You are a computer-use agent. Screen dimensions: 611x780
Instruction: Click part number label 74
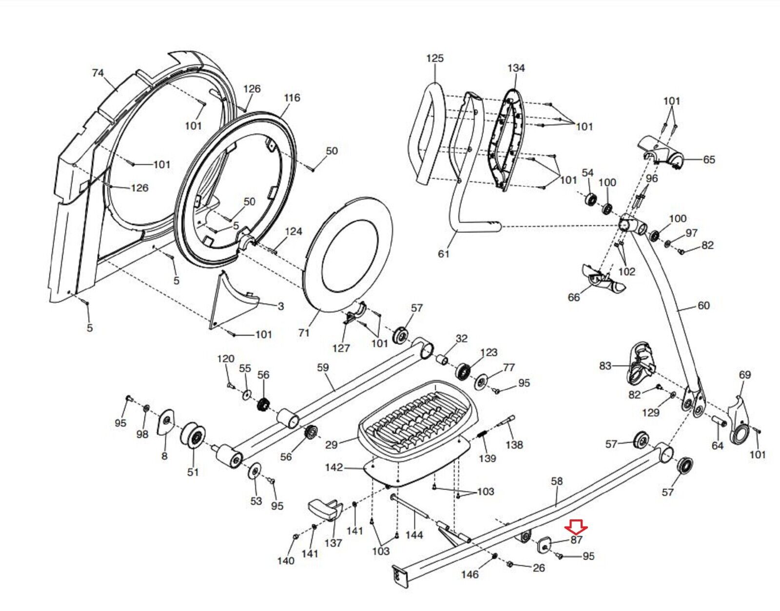98,73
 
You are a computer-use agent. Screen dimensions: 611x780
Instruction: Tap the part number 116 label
292,98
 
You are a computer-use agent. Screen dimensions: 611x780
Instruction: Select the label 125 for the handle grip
435,58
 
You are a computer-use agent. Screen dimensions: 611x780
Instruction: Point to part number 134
516,68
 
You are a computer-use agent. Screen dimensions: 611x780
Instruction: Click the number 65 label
709,160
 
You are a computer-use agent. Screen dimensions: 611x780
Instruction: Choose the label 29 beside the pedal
331,444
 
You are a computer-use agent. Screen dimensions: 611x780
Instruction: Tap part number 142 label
334,468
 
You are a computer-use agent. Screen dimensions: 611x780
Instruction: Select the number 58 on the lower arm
557,481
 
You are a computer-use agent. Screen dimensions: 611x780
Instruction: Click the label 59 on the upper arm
323,367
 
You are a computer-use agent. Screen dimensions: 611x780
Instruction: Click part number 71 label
304,333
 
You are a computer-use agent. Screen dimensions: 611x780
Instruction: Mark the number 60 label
703,306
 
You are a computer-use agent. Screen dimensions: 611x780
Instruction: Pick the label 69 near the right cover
745,375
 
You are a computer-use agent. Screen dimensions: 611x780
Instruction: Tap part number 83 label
605,365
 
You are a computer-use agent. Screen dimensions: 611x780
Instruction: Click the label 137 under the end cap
333,543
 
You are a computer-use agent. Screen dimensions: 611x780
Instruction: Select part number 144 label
414,535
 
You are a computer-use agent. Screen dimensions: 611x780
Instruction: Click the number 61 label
444,254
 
